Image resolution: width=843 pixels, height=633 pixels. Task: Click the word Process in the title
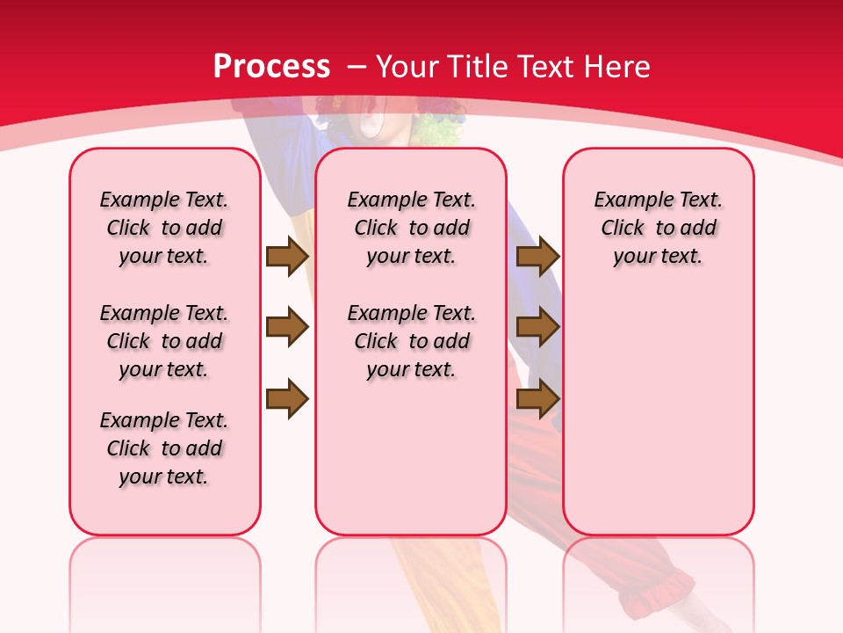coord(271,67)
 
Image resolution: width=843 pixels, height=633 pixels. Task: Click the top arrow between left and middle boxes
coord(286,256)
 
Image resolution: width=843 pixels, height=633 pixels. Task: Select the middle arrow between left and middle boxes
coord(286,327)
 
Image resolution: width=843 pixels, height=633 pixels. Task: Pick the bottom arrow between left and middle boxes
coord(286,399)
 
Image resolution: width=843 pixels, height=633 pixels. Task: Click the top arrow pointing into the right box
coord(537,256)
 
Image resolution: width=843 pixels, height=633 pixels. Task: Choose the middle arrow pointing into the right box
coord(537,327)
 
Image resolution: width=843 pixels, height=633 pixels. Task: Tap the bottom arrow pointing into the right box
coord(537,399)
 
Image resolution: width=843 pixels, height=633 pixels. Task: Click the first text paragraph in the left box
coord(164,228)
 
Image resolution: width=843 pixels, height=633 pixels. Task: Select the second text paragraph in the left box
coord(164,341)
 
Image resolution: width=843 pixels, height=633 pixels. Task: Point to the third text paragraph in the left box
coord(164,448)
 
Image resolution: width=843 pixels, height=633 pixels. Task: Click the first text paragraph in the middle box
coord(412,228)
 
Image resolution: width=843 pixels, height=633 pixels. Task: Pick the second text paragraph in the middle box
coord(412,341)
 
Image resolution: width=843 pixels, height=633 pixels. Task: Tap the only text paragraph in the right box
coord(659,228)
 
